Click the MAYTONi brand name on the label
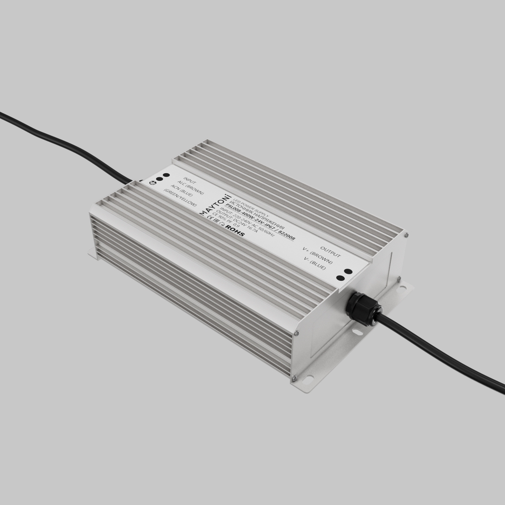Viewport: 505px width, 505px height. [214, 204]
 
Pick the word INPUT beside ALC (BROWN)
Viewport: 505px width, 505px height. [189, 180]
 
